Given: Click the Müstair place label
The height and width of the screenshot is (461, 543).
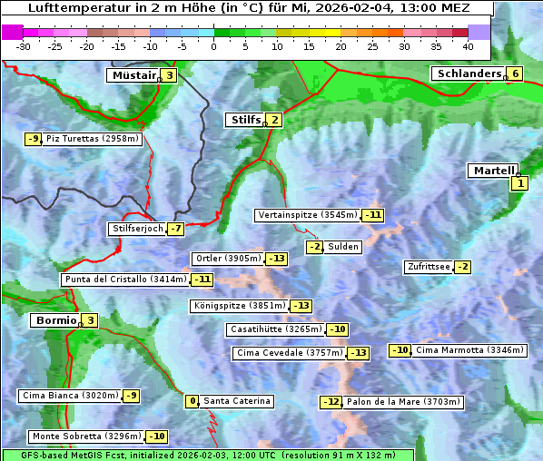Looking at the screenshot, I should [x=133, y=75].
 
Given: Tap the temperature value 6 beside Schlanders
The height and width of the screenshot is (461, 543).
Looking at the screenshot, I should [x=515, y=74].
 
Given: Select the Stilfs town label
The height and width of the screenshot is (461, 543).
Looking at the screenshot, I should [x=243, y=119].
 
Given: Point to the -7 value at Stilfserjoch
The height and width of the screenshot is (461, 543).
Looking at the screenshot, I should [x=175, y=229].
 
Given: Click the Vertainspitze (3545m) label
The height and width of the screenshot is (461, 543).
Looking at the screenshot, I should [x=307, y=215].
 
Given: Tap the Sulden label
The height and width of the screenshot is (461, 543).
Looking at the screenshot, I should [x=343, y=247].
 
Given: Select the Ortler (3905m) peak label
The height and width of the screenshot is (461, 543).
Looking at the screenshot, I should [x=228, y=259].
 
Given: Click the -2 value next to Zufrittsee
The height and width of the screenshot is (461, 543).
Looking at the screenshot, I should [x=462, y=267].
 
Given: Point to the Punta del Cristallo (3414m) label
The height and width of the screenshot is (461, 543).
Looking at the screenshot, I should [x=125, y=280].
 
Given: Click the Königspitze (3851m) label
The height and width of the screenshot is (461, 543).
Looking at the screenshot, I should [x=239, y=306].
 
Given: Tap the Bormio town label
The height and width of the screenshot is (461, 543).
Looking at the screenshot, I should [x=54, y=320].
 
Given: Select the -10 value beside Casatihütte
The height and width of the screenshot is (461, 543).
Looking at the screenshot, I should [x=337, y=329].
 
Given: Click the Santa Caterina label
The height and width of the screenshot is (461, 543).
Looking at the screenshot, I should [x=236, y=401].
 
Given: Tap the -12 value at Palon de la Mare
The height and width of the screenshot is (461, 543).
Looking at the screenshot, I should [x=331, y=402].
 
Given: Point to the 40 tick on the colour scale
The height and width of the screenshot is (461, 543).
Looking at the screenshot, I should [x=468, y=45].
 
